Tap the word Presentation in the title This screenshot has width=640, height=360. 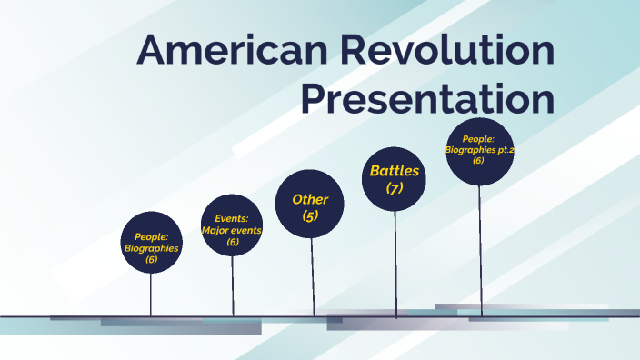pyautogui.click(x=427, y=99)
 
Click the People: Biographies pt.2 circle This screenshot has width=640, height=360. pyautogui.click(x=478, y=151)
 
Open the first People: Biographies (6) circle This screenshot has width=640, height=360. pyautogui.click(x=152, y=243)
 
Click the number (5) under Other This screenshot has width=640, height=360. pyautogui.click(x=310, y=216)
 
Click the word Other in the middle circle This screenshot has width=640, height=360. pyautogui.click(x=310, y=199)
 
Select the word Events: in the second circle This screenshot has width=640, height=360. pyautogui.click(x=232, y=219)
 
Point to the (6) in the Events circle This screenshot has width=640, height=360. pyautogui.click(x=232, y=242)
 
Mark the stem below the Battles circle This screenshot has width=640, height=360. pyautogui.click(x=395, y=264)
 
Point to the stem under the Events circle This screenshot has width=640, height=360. pyautogui.click(x=233, y=286)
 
